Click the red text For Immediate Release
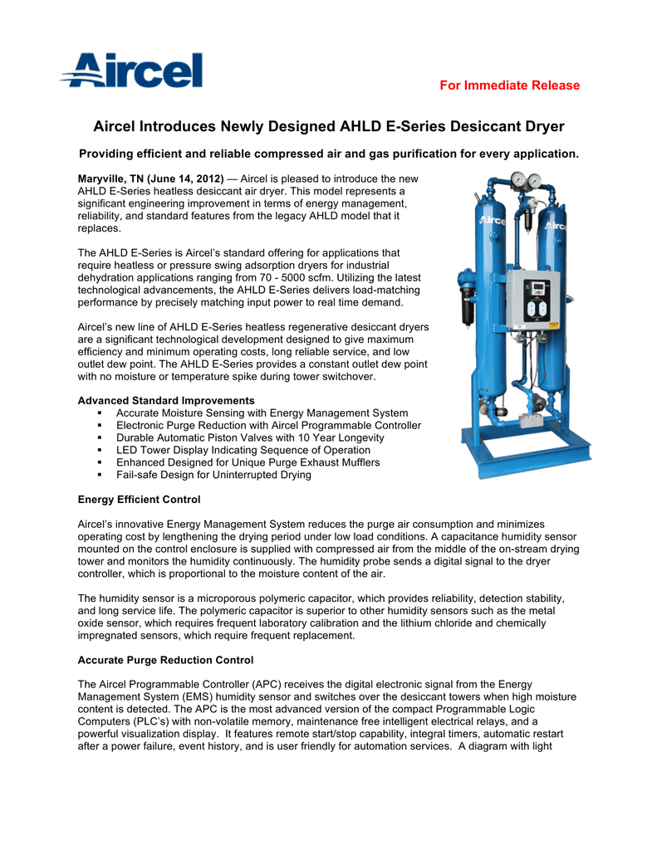pyautogui.click(x=509, y=85)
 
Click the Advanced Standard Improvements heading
pyautogui.click(x=166, y=401)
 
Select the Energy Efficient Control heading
pyautogui.click(x=139, y=500)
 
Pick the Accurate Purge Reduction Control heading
pyautogui.click(x=165, y=660)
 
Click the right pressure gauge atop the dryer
pyautogui.click(x=535, y=178)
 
